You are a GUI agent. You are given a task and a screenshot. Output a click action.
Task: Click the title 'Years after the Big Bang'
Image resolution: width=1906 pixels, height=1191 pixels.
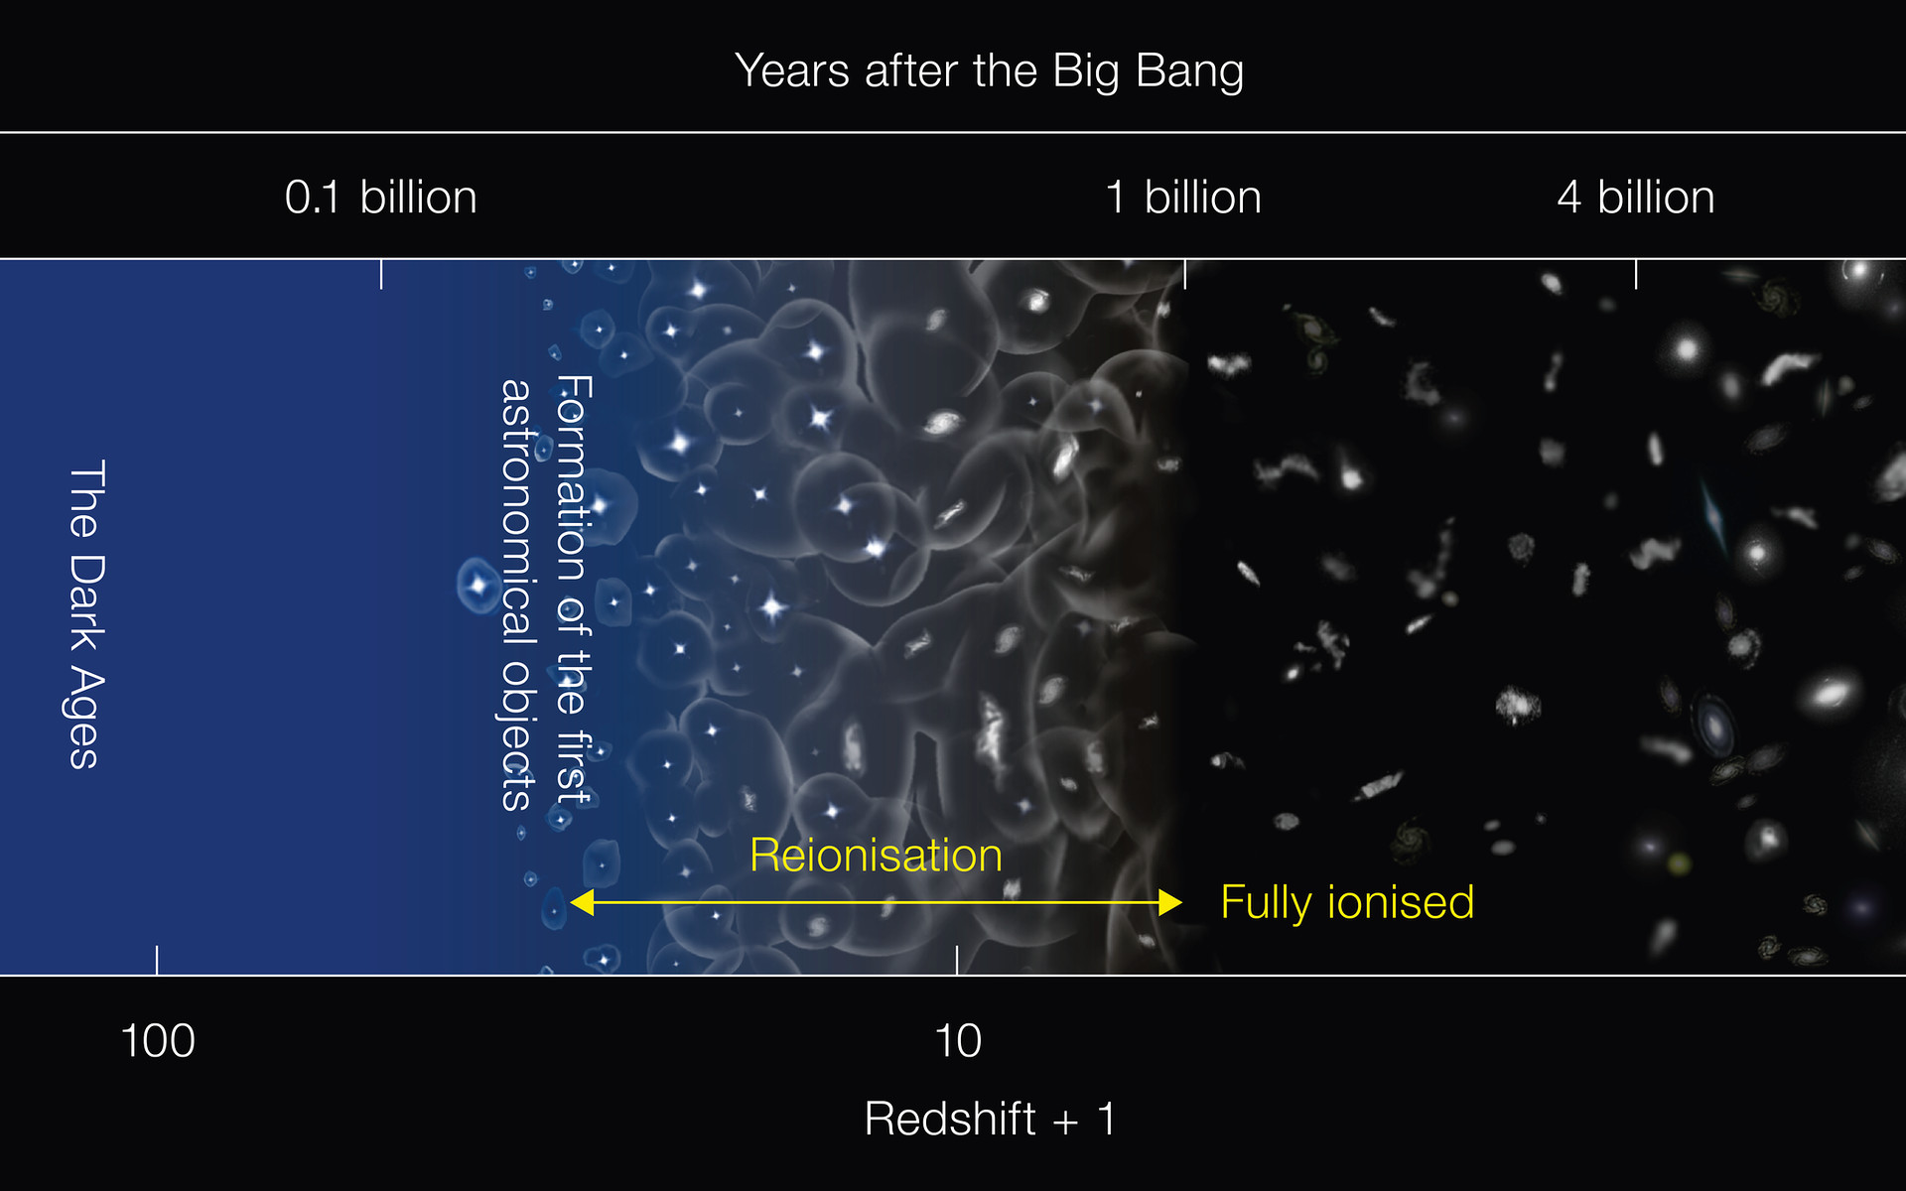point(989,71)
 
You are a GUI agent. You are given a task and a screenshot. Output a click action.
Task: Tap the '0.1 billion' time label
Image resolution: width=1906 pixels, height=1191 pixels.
point(381,197)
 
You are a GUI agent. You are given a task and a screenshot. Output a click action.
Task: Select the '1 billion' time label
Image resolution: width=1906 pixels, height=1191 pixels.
point(1183,197)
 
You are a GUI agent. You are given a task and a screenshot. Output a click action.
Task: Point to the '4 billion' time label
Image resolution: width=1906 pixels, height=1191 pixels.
point(1636,197)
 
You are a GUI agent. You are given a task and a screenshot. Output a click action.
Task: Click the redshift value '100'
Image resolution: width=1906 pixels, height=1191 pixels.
point(157,1041)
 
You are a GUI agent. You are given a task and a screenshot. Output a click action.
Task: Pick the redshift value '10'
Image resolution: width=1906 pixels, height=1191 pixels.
point(958,1041)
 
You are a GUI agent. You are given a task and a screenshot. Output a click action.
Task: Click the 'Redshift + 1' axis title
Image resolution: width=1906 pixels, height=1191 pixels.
point(991,1119)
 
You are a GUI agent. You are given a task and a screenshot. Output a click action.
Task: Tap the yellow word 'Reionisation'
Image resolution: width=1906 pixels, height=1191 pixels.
point(876,855)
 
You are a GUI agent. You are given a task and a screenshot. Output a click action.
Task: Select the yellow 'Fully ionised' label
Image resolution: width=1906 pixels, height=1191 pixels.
point(1347,903)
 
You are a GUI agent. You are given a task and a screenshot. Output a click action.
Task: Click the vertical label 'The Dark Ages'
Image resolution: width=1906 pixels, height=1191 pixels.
point(86,614)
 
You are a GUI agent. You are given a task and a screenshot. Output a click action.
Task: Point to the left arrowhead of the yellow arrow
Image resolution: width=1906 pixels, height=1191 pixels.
point(582,902)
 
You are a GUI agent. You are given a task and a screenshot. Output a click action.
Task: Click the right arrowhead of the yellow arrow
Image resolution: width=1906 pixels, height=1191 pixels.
point(1170,902)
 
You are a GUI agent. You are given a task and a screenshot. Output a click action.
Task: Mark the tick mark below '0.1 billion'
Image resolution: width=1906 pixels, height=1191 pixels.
point(381,274)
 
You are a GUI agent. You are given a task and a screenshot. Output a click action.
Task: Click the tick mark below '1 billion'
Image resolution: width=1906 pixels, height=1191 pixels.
point(1184,274)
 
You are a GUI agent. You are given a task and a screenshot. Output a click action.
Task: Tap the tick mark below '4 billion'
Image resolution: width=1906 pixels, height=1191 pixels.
point(1636,274)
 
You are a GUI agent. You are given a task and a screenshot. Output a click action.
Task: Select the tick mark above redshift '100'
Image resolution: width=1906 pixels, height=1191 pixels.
point(157,960)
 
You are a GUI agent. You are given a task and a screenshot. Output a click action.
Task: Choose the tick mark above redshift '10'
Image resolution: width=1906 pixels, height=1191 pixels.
point(957,960)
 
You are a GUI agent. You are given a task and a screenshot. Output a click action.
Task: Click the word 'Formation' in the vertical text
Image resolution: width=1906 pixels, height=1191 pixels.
point(573,478)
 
